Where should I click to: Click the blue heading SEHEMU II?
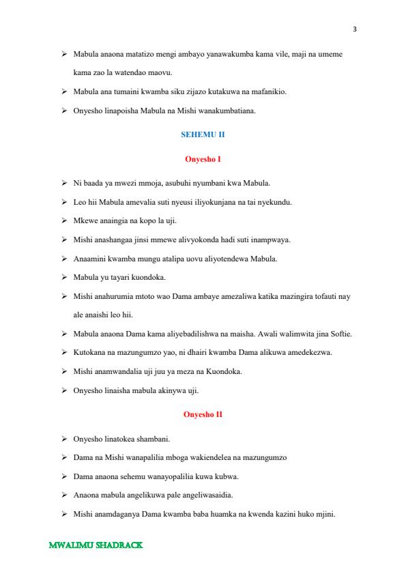pyautogui.click(x=203, y=136)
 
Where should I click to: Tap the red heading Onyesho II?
pyautogui.click(x=203, y=414)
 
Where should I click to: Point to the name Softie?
pyautogui.click(x=338, y=334)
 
